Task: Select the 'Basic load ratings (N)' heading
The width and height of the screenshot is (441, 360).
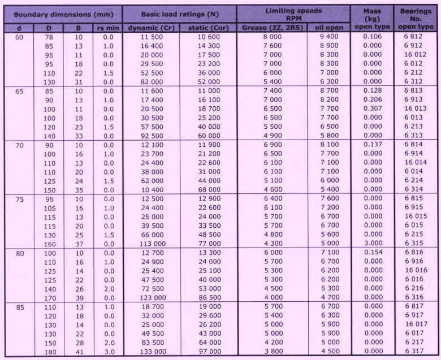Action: coord(179,14)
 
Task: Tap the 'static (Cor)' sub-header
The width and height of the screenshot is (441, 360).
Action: coord(208,27)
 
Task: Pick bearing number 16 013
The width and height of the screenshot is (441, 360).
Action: coord(416,109)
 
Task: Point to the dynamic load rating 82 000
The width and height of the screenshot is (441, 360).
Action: coord(151,81)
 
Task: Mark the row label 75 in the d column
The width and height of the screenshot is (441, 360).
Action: coord(19,199)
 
